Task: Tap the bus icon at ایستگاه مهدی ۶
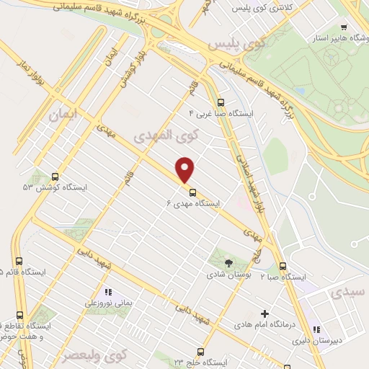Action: coord(192,192)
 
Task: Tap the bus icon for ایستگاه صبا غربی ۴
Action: coord(221,102)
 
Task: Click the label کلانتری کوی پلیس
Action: coord(250,9)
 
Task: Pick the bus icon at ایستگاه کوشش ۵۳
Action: coord(55,176)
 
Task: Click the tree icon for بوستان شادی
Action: coord(229,262)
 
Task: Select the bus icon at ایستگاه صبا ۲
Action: coord(283,265)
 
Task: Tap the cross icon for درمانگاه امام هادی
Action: coord(265,314)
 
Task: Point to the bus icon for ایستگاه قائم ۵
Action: coord(19,262)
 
